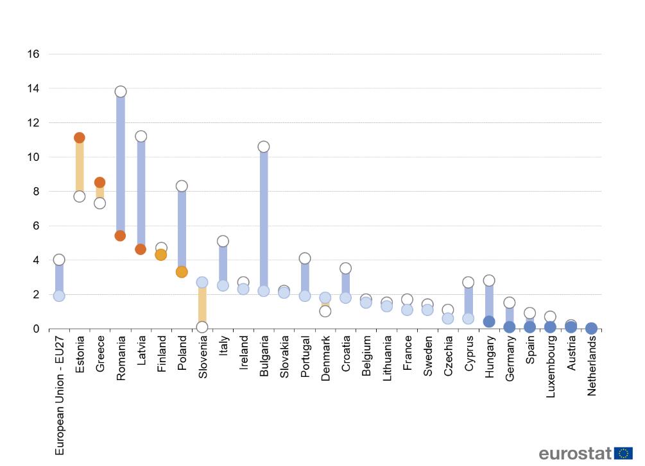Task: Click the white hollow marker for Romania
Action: (120, 92)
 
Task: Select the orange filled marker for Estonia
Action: (80, 138)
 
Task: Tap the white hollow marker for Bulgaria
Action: (263, 147)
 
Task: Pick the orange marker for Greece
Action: (99, 183)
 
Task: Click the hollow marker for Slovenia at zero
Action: (202, 327)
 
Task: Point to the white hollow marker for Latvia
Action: (141, 137)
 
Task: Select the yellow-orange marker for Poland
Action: (182, 272)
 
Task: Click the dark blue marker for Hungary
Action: (488, 322)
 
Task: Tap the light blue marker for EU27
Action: (59, 295)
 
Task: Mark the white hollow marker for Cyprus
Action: (468, 282)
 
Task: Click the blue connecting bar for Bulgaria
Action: (263, 218)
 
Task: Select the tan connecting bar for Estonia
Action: (80, 167)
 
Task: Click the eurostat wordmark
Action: (575, 454)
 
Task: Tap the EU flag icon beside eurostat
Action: (624, 453)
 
